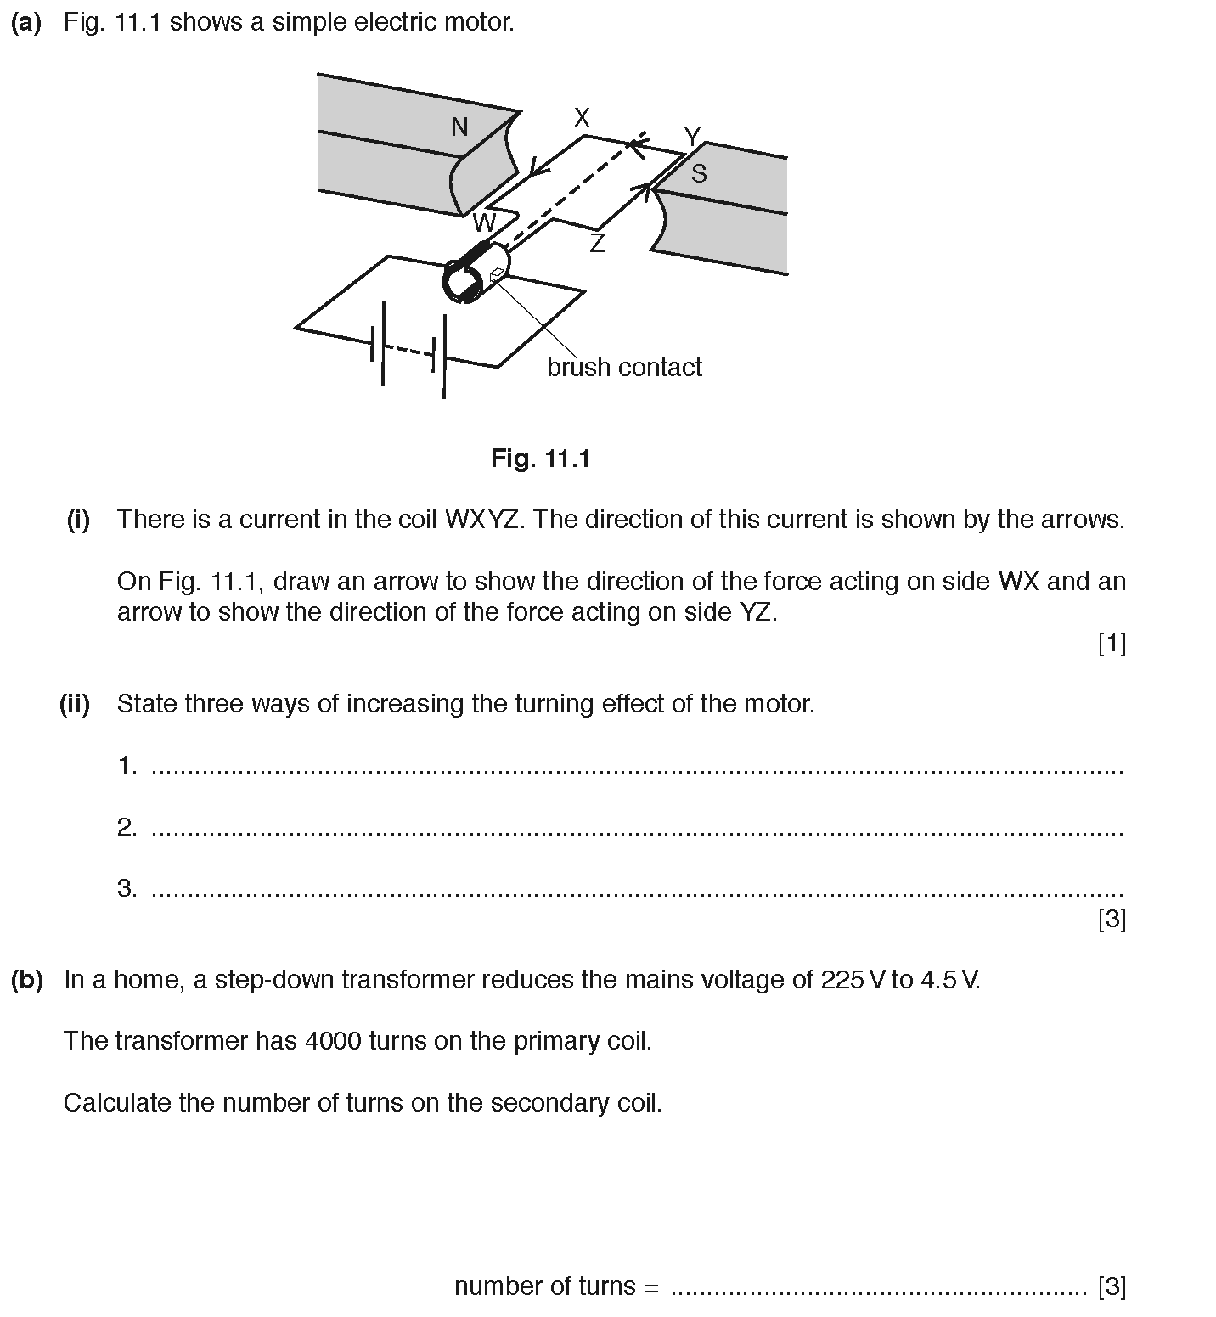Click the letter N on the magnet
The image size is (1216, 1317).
coord(459,127)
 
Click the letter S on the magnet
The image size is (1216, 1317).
coord(699,174)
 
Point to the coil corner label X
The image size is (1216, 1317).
coord(582,118)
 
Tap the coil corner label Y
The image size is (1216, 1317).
coord(692,137)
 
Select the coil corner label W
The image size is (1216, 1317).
coord(483,223)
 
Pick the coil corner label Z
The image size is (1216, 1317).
coord(597,245)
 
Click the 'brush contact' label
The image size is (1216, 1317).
coord(624,368)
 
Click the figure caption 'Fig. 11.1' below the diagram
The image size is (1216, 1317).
coord(540,459)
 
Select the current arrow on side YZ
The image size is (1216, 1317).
coord(650,191)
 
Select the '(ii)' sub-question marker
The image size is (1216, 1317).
coord(75,704)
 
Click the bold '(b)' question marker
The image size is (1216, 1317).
coord(27,980)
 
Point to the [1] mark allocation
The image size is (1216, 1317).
coord(1112,644)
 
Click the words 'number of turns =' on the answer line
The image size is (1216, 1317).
coord(556,1286)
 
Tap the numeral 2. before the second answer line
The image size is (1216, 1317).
coord(127,827)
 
